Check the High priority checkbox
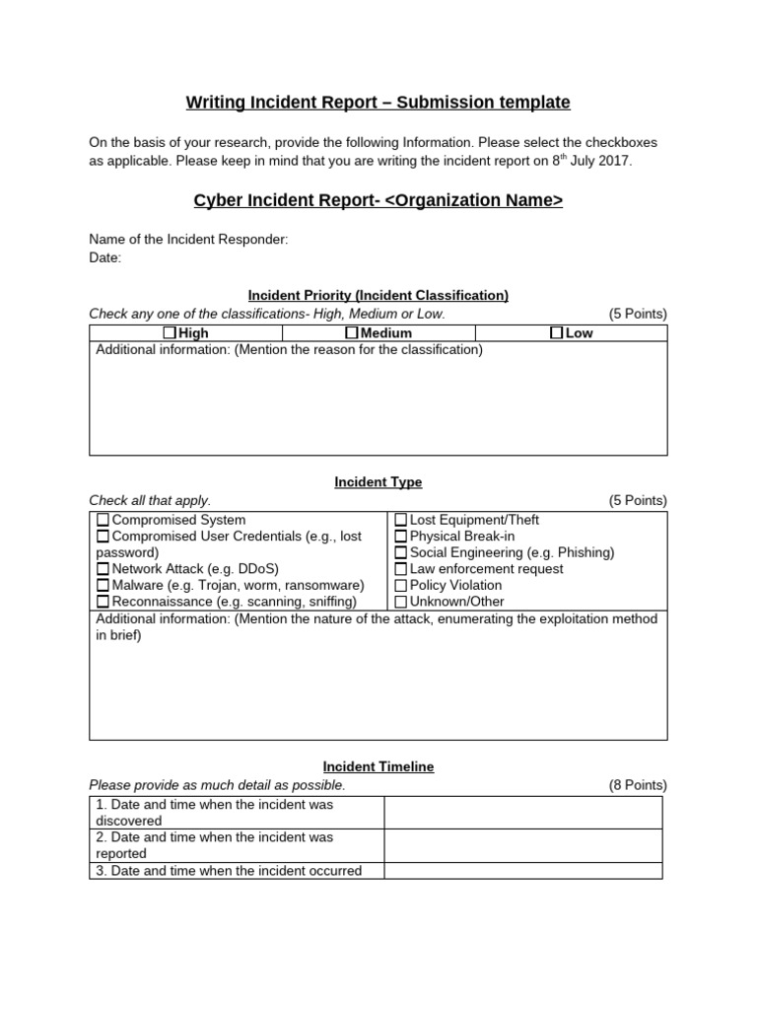171,333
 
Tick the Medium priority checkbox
352,333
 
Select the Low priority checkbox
557,333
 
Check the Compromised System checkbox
103,520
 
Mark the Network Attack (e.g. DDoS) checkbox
103,569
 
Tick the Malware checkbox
103,585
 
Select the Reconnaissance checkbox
103,602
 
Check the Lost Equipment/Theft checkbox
401,520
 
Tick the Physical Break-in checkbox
401,537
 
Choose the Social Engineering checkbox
401,552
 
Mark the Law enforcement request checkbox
401,569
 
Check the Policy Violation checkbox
401,585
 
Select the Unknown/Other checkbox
401,602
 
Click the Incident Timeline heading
378,766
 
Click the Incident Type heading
378,482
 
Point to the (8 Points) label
638,785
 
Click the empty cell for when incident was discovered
522,813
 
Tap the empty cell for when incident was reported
522,845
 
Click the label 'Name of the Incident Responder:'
189,240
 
